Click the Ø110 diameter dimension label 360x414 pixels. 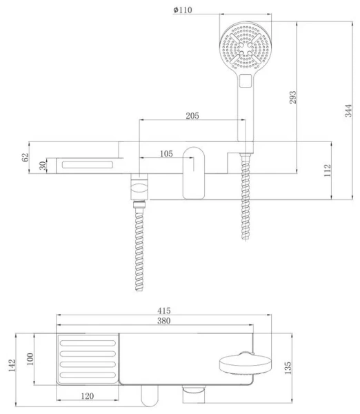182,10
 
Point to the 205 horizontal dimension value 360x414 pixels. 192,116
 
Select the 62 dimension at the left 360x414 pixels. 25,158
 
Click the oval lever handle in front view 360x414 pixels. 193,172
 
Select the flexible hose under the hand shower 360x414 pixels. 243,197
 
